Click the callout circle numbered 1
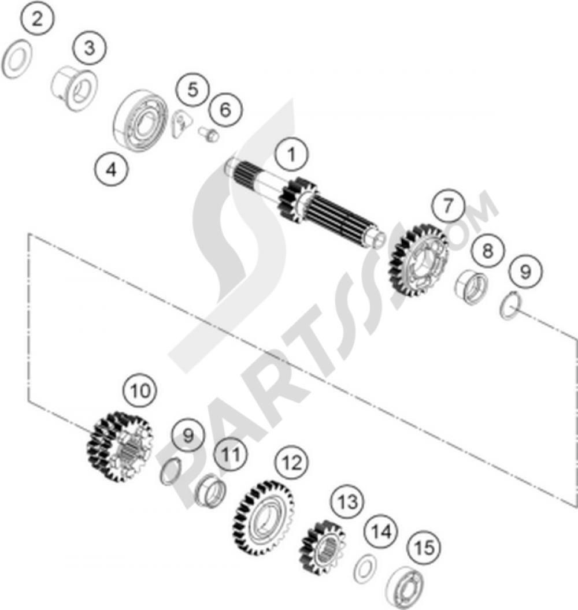coord(291,154)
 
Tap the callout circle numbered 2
coord(38,18)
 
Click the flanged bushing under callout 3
coord(75,89)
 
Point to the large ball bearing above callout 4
coord(140,120)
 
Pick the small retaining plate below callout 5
coord(180,123)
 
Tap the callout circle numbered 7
coord(447,204)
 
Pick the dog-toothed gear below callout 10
coord(119,445)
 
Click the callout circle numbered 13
coord(347,502)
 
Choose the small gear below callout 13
coord(323,548)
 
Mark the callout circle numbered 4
coord(112,170)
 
